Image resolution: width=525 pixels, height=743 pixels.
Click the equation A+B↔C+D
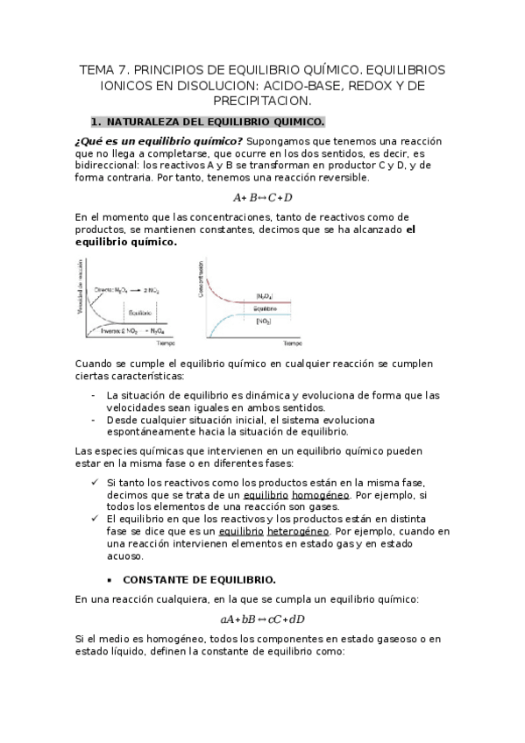263,197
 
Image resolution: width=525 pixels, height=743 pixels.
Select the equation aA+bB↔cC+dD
263,619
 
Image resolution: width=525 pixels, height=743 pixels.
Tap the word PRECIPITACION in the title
263,102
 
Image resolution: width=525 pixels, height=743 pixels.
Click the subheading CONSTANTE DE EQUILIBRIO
199,580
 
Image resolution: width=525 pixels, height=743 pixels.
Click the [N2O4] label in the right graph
264,296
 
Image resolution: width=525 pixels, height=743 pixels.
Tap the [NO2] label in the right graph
264,322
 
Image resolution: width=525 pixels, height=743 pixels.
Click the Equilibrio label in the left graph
140,312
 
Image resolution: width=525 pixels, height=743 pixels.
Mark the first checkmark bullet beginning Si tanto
95,482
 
